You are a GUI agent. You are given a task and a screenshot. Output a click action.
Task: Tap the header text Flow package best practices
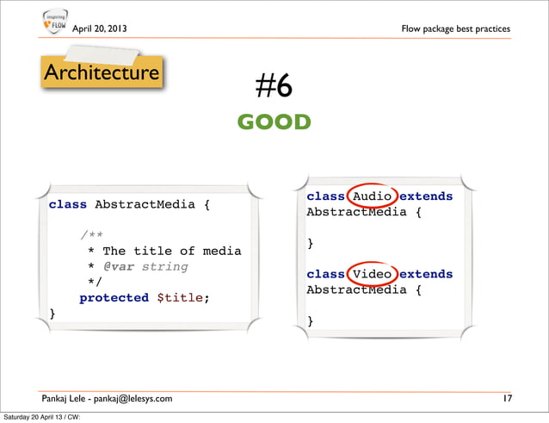point(455,29)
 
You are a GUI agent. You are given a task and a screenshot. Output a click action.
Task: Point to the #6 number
point(274,87)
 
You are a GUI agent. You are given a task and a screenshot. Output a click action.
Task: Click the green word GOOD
point(274,122)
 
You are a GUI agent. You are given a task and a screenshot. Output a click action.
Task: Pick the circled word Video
point(372,274)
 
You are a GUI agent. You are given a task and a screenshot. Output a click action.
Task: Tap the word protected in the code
point(114,298)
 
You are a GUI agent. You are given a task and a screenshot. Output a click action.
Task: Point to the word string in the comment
point(164,267)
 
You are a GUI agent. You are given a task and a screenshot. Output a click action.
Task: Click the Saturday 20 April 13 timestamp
point(41,418)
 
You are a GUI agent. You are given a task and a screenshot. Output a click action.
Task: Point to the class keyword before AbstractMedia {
point(67,205)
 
